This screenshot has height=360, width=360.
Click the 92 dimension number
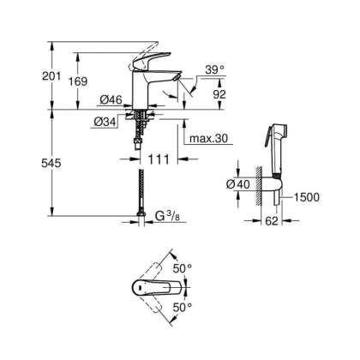click(219, 95)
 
